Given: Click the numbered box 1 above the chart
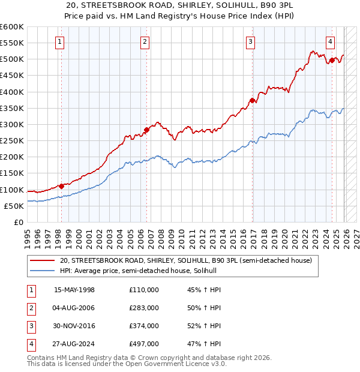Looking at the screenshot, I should coord(61,41).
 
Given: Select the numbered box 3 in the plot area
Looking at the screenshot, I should coord(250,41).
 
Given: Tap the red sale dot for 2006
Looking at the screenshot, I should coord(146,130).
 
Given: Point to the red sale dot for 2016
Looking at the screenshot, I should coord(252,101).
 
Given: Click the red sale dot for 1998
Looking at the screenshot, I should coord(61,186).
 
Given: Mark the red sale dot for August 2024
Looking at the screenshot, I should coord(331,59).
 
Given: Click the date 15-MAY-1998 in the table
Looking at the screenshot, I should coord(74,290).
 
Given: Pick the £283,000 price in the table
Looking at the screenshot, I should coord(144,308).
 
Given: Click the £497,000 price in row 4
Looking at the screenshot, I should coord(144,344).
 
